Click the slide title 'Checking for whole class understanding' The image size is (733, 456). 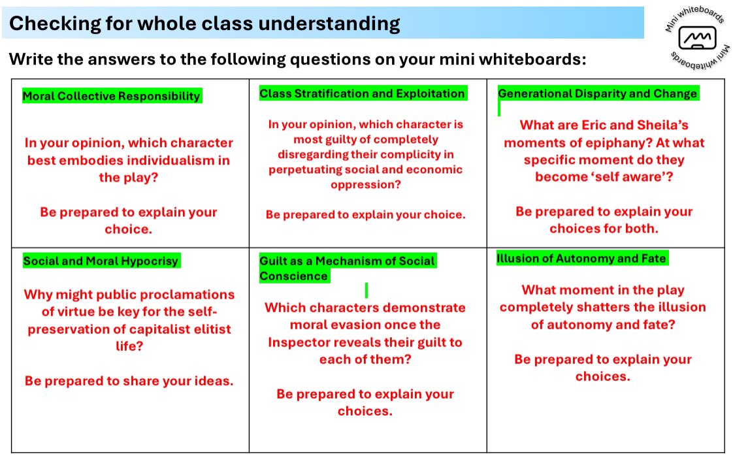coord(204,24)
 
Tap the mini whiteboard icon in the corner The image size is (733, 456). coord(693,39)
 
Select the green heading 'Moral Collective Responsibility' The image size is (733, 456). coord(111,97)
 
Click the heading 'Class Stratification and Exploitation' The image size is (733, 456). coord(362,93)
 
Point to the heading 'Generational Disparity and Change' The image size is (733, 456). coord(597,93)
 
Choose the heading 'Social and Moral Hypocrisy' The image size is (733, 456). coord(101,261)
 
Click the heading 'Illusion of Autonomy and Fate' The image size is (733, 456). coord(581,259)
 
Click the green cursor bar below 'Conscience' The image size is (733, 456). coord(366,289)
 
